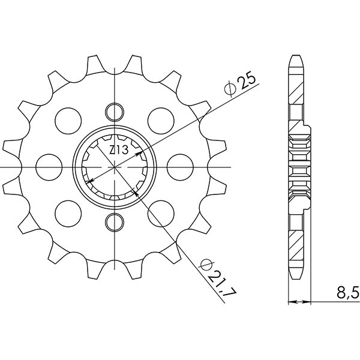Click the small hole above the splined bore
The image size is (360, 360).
coord(114,110)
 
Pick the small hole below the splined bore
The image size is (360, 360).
coord(114,223)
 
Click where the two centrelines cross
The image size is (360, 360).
coord(114,167)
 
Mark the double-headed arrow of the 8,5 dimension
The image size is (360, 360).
coord(300,299)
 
